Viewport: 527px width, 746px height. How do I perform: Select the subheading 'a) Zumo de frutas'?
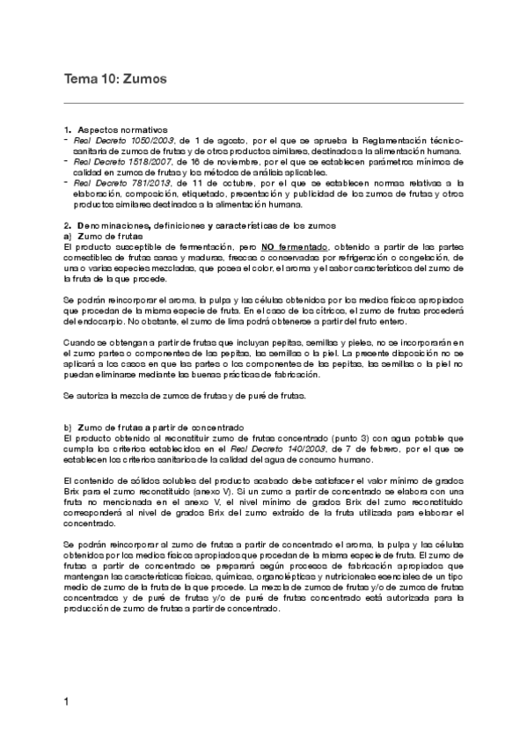tap(98, 237)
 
